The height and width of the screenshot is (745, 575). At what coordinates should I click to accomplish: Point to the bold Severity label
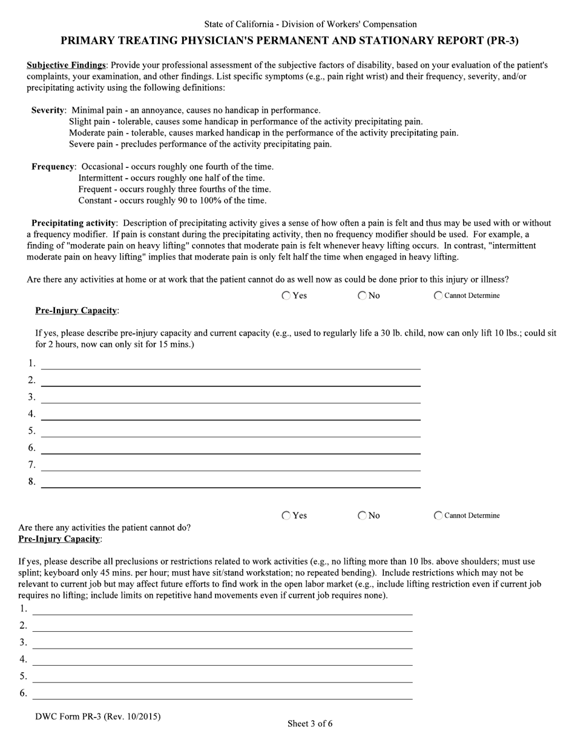coord(48,110)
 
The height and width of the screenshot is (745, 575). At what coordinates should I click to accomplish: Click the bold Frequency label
coord(53,167)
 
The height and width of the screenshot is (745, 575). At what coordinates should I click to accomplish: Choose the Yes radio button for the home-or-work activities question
coord(286,296)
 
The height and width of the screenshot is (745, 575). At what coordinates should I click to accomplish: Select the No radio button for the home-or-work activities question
coord(362,296)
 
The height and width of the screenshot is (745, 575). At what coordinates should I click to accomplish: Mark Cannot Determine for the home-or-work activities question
coord(438,296)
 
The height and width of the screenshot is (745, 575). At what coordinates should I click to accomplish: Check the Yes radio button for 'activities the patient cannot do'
coord(286,515)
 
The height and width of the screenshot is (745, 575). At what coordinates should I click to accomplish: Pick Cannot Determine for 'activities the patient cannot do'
coord(438,515)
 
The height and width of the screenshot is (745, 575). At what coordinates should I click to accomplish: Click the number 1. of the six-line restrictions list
coord(24,609)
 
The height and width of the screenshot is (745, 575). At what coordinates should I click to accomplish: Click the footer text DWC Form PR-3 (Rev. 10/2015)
coord(98,717)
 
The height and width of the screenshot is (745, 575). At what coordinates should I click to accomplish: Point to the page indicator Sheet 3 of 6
coord(309,723)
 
